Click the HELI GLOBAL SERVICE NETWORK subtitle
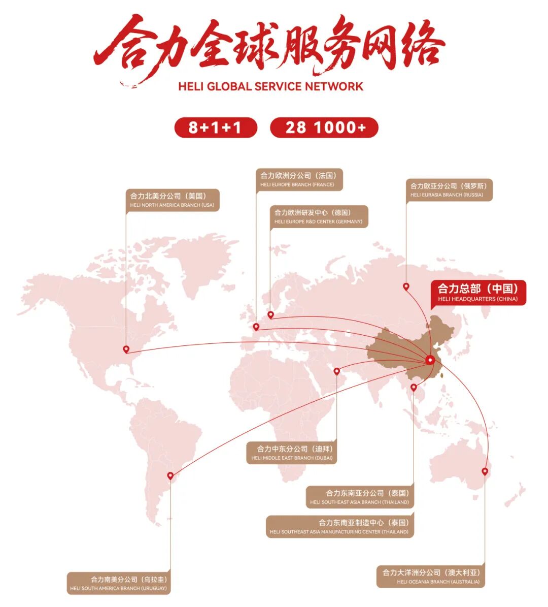point(270,86)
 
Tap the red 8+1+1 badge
point(216,127)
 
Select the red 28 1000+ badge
point(324,127)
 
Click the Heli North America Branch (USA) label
point(173,200)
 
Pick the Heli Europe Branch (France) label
point(299,180)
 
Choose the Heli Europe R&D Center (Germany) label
point(318,216)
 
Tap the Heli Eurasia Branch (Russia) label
point(449,190)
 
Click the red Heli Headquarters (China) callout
point(478,293)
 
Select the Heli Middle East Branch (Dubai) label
point(292,453)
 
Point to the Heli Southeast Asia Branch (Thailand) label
point(360,497)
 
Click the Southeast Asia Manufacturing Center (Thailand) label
point(339,526)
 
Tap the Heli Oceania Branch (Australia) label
point(431,577)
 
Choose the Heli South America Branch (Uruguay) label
point(119,583)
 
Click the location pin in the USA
point(126,349)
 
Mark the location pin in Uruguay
point(170,476)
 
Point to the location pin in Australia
point(485,471)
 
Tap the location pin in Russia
point(406,286)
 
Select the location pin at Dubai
point(337,371)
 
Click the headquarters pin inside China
point(431,360)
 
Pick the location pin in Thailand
point(414,388)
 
